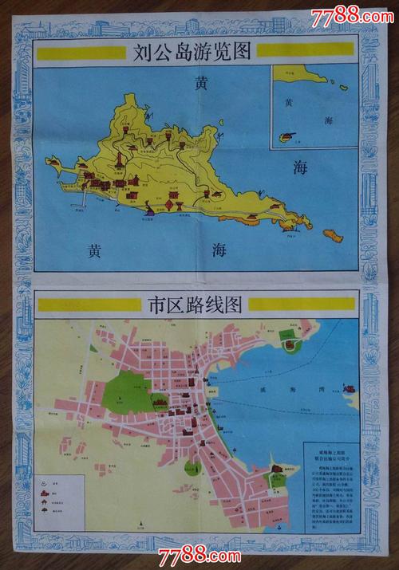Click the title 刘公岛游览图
[x=193, y=53]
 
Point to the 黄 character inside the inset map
[x=290, y=101]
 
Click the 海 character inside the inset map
[x=330, y=120]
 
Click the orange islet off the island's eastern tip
[x=333, y=235]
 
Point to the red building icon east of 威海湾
[x=348, y=390]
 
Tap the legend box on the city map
[x=61, y=497]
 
